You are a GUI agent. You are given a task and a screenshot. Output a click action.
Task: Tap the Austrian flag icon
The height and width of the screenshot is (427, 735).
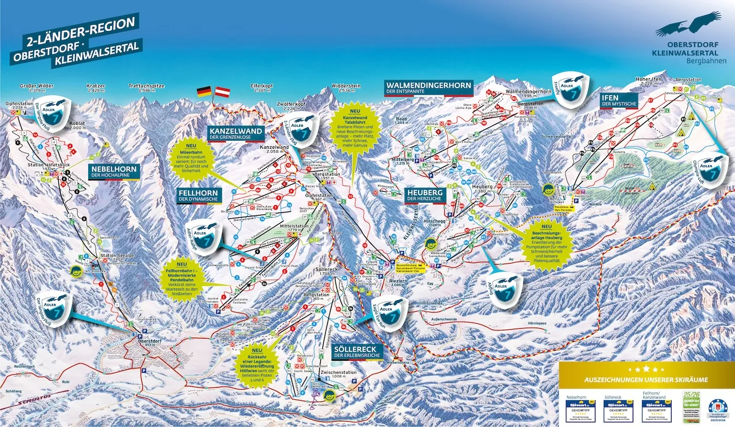pyautogui.click(x=224, y=92)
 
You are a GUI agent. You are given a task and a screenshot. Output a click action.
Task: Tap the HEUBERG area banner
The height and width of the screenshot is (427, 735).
pyautogui.click(x=425, y=196)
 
